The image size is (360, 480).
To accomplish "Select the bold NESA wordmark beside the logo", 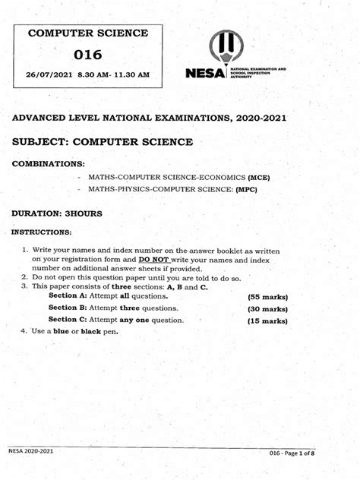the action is (x=204, y=73).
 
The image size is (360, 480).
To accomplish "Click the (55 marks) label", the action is (x=267, y=295).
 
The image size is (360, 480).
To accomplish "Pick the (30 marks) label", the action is (x=267, y=308).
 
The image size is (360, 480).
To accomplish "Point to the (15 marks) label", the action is (x=267, y=321).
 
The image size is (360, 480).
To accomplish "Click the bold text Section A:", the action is (x=68, y=295).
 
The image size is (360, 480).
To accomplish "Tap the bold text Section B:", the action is (x=68, y=308).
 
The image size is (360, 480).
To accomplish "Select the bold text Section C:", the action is (x=68, y=320).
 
